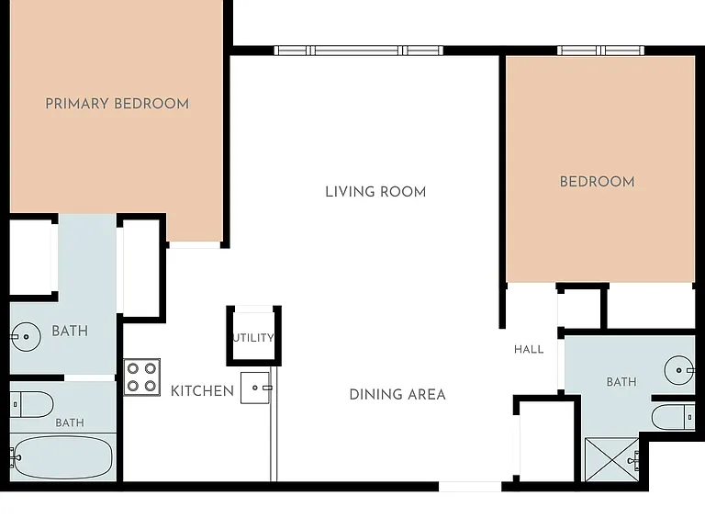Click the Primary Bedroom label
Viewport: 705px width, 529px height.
pos(117,104)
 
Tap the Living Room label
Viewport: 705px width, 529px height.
pos(375,192)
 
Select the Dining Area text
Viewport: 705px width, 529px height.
pos(397,395)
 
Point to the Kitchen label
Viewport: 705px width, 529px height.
pos(202,391)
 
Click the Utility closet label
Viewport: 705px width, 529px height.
pos(253,338)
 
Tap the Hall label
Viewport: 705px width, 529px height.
pos(529,350)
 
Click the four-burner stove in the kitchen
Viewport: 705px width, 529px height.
pos(142,377)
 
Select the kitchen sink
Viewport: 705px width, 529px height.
pos(256,388)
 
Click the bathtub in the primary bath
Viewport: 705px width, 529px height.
pos(62,456)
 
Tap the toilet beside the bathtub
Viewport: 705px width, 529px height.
pos(31,404)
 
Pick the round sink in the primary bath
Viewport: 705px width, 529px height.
pos(25,336)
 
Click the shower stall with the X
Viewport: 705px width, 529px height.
pos(612,460)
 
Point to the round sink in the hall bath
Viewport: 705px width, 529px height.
pos(679,370)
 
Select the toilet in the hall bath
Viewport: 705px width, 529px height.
pos(674,417)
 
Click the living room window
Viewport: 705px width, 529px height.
pos(358,51)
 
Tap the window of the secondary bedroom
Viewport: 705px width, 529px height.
pos(600,51)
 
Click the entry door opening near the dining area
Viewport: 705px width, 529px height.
pos(470,486)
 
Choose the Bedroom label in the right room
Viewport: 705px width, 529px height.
pos(597,182)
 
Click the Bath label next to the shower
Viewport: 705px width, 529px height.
pos(621,382)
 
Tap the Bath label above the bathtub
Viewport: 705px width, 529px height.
pos(70,422)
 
